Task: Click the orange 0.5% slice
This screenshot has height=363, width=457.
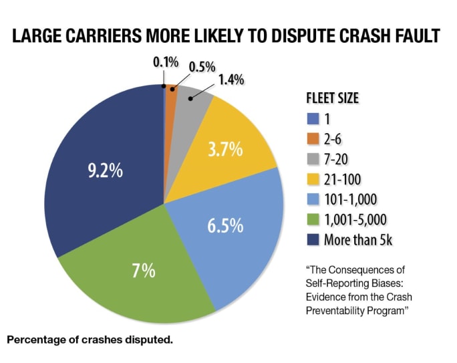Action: pos(171,94)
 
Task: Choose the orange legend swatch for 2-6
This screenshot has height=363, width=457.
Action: pos(311,139)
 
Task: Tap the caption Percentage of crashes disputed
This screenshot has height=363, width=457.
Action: pos(90,340)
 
